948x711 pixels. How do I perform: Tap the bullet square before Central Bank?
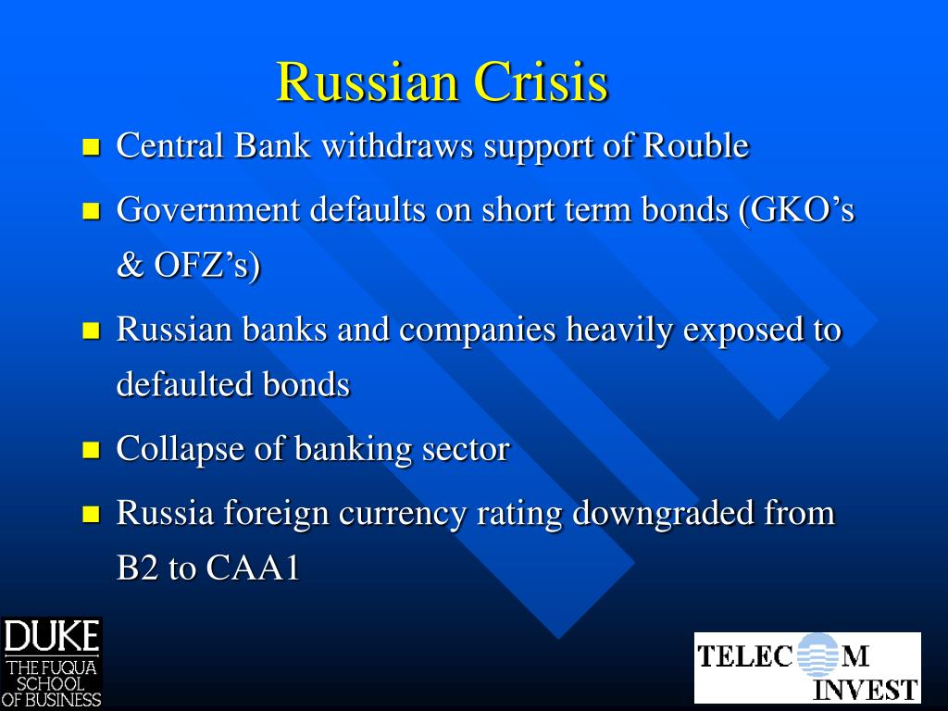pos(91,147)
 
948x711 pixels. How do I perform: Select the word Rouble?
pos(695,146)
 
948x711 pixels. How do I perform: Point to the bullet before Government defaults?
pos(91,211)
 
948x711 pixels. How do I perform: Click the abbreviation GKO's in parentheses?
pos(802,210)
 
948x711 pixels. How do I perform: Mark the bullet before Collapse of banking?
pos(91,451)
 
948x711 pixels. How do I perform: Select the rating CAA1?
pos(253,568)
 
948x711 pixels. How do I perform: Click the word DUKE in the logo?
pos(51,637)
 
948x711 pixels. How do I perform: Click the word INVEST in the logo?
pos(865,690)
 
